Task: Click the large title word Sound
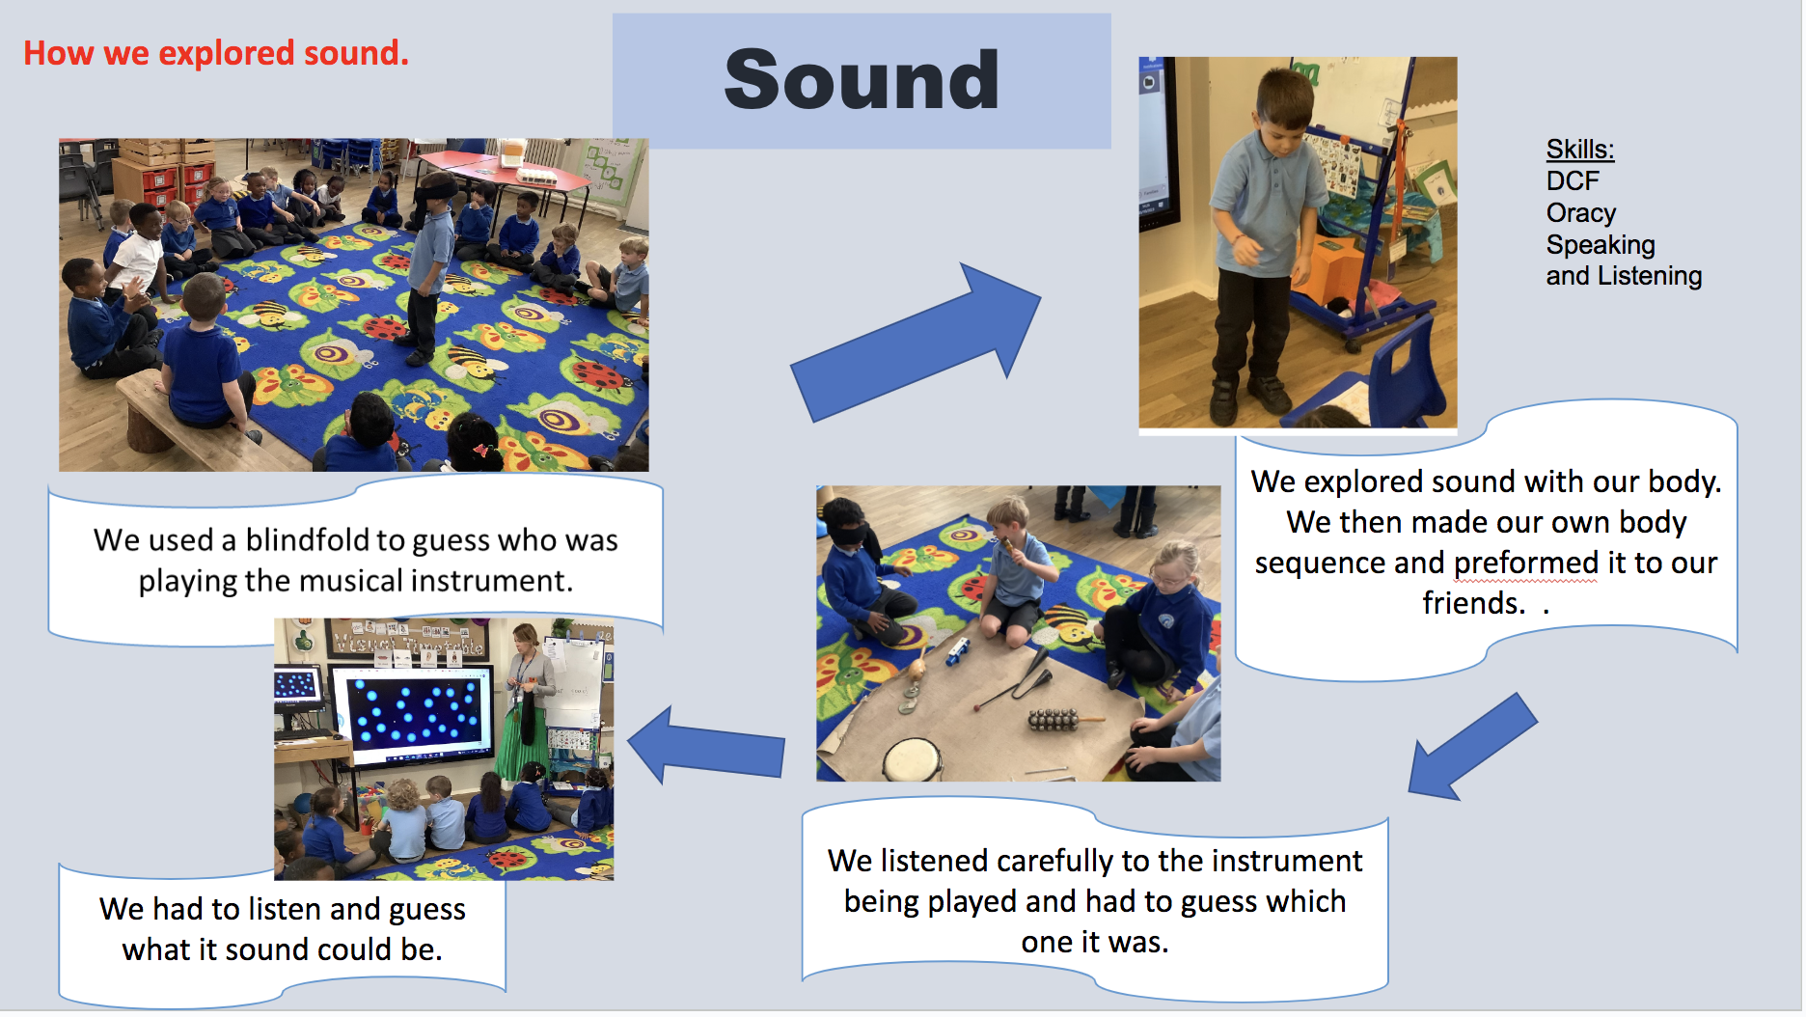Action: click(862, 79)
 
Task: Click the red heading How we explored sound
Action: click(216, 53)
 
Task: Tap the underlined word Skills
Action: click(1580, 150)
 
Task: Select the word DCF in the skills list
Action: click(1573, 180)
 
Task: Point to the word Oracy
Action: click(1581, 212)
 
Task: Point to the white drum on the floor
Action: click(912, 759)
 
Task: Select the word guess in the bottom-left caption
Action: click(427, 910)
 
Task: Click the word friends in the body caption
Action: click(1474, 603)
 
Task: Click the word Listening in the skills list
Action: click(1650, 276)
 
